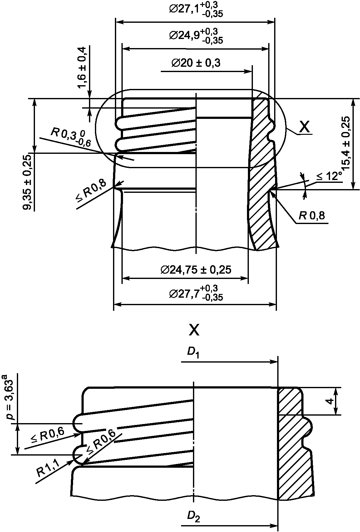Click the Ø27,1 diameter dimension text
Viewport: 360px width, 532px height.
196,9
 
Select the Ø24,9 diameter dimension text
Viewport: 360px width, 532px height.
196,36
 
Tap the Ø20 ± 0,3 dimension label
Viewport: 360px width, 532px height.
195,63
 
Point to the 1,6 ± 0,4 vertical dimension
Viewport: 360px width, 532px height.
82,67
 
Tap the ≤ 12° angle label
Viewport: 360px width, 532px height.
329,177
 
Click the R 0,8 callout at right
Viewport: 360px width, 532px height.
312,216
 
